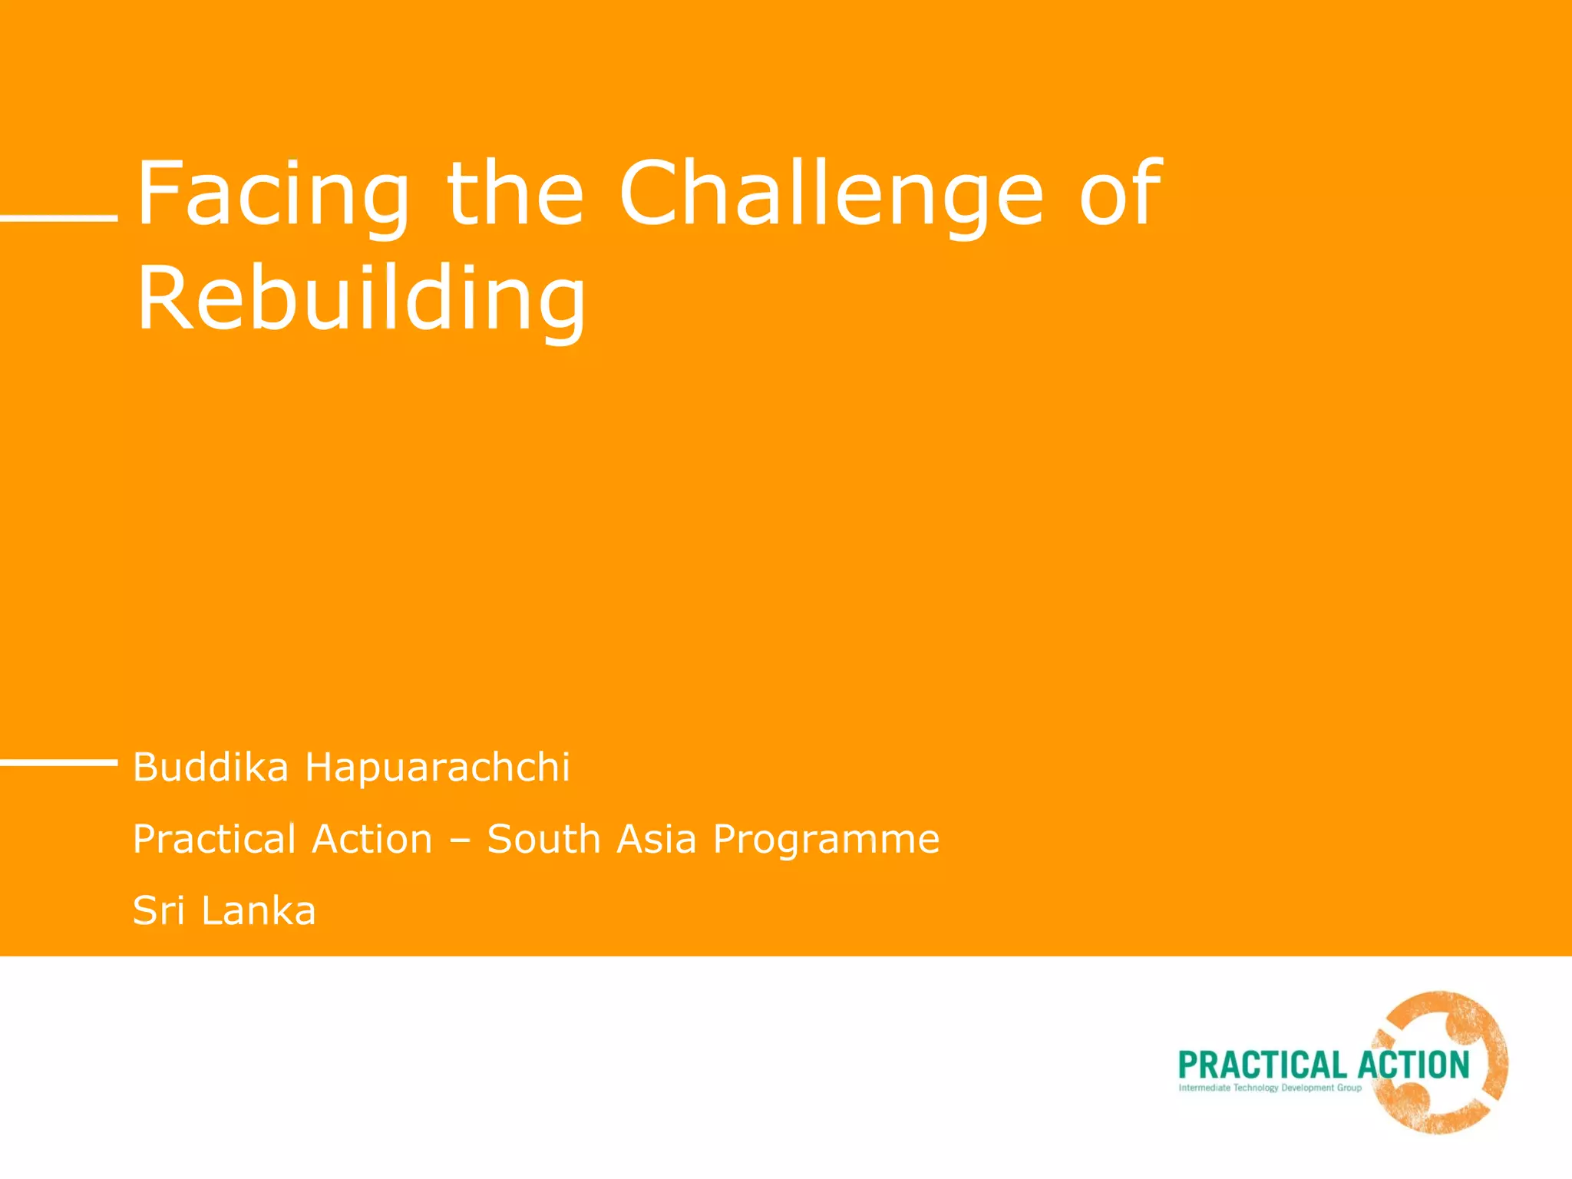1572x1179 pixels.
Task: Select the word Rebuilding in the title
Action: [361, 299]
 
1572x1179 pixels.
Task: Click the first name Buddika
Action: [210, 767]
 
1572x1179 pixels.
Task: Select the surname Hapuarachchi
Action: [438, 767]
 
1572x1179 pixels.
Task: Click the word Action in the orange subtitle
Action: [372, 838]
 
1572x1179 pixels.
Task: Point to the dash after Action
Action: [459, 840]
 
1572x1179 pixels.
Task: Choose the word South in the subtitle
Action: [543, 838]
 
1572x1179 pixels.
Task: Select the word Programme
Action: [826, 840]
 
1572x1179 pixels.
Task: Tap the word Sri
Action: [159, 910]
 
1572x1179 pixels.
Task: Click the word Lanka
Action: [258, 910]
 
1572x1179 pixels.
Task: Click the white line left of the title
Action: [58, 218]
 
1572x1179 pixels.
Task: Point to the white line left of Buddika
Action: [58, 761]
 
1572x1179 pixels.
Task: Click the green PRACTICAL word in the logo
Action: [1261, 1065]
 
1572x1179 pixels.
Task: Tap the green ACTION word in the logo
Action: [1413, 1065]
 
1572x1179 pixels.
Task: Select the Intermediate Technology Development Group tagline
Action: [1270, 1088]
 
